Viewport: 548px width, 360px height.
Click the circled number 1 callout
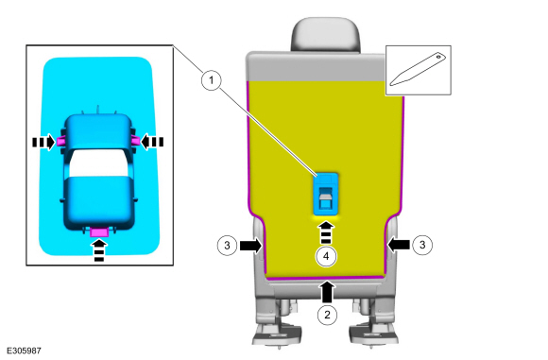[x=212, y=80]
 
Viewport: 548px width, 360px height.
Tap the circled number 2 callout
[x=327, y=315]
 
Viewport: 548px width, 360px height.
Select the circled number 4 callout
[x=326, y=256]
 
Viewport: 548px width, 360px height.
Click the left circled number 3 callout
[x=227, y=246]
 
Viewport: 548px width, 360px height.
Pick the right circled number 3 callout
[x=422, y=245]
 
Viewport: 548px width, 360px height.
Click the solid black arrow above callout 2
[x=327, y=292]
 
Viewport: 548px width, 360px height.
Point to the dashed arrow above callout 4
[x=326, y=232]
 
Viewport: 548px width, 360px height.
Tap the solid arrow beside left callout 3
[x=251, y=246]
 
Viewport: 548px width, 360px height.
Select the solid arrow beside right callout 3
[x=399, y=245]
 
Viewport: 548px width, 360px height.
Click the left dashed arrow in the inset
[x=43, y=143]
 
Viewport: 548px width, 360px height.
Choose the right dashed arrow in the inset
[x=152, y=142]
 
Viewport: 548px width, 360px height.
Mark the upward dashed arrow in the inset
[x=99, y=249]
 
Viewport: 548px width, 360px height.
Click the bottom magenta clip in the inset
[x=99, y=231]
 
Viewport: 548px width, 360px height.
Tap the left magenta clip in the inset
[x=60, y=141]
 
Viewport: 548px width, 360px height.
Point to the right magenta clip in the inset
[x=135, y=141]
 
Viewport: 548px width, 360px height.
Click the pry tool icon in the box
[x=418, y=69]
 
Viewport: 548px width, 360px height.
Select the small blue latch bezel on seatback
[x=326, y=194]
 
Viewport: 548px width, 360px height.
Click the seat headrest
[x=325, y=35]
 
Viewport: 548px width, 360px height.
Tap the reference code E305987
[x=24, y=351]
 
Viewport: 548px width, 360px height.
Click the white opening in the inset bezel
[x=99, y=163]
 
